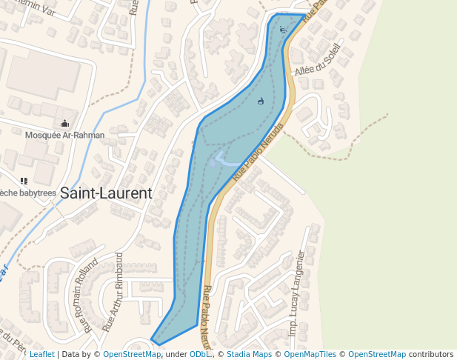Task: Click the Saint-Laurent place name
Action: click(x=106, y=193)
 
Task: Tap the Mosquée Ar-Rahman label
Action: click(x=64, y=136)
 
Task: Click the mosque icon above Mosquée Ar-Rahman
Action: click(x=65, y=124)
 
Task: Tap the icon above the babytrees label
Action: click(x=24, y=181)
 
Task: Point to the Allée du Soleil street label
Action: click(x=317, y=60)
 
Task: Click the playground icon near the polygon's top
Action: click(x=283, y=30)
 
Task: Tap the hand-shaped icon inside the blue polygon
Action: click(x=260, y=101)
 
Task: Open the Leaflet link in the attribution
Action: click(x=42, y=354)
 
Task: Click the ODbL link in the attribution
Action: click(x=201, y=354)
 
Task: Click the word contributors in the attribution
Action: click(x=431, y=354)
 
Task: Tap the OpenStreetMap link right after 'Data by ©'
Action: click(x=132, y=354)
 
